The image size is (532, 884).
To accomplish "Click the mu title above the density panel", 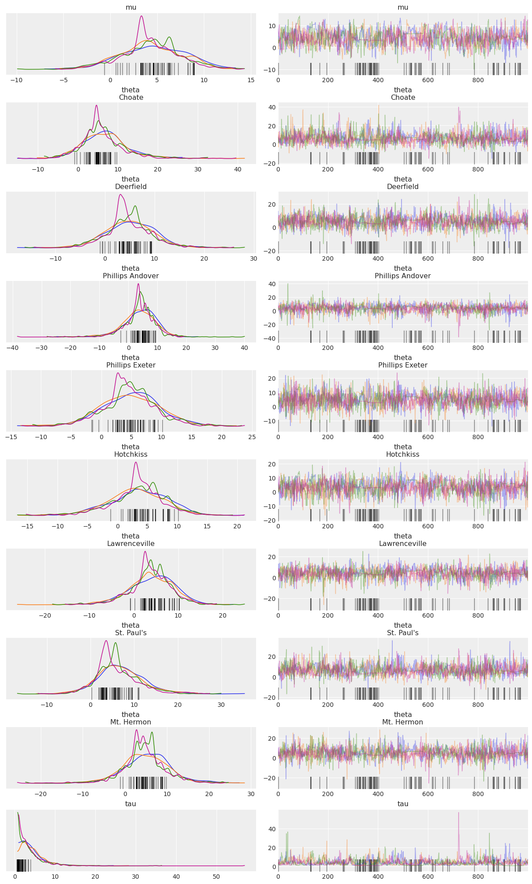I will pos(130,7).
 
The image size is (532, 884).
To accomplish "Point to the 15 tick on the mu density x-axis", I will pos(251,80).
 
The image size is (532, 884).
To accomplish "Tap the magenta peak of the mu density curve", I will pos(141,16).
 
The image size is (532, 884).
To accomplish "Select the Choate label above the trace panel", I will pos(402,98).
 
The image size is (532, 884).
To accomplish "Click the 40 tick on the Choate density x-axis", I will pos(238,169).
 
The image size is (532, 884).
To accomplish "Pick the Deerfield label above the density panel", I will pos(130,187).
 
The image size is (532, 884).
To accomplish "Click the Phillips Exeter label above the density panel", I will pos(130,365).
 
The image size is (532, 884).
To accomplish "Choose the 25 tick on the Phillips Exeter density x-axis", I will pos(252,437).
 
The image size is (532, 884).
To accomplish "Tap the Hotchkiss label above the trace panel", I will pos(402,455).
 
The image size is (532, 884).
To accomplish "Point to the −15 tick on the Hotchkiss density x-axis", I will pos(27,526).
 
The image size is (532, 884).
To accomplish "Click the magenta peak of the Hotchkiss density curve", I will pos(135,462).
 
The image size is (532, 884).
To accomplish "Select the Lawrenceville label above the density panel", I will pos(130,544).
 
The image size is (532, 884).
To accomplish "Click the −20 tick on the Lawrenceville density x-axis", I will pos(45,615).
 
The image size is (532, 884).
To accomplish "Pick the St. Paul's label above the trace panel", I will pos(402,633).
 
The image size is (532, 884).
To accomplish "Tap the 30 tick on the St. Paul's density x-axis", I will pos(221,705).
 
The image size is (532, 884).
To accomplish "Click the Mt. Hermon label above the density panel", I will pos(130,722).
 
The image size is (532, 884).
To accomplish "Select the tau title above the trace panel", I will pos(402,804).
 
